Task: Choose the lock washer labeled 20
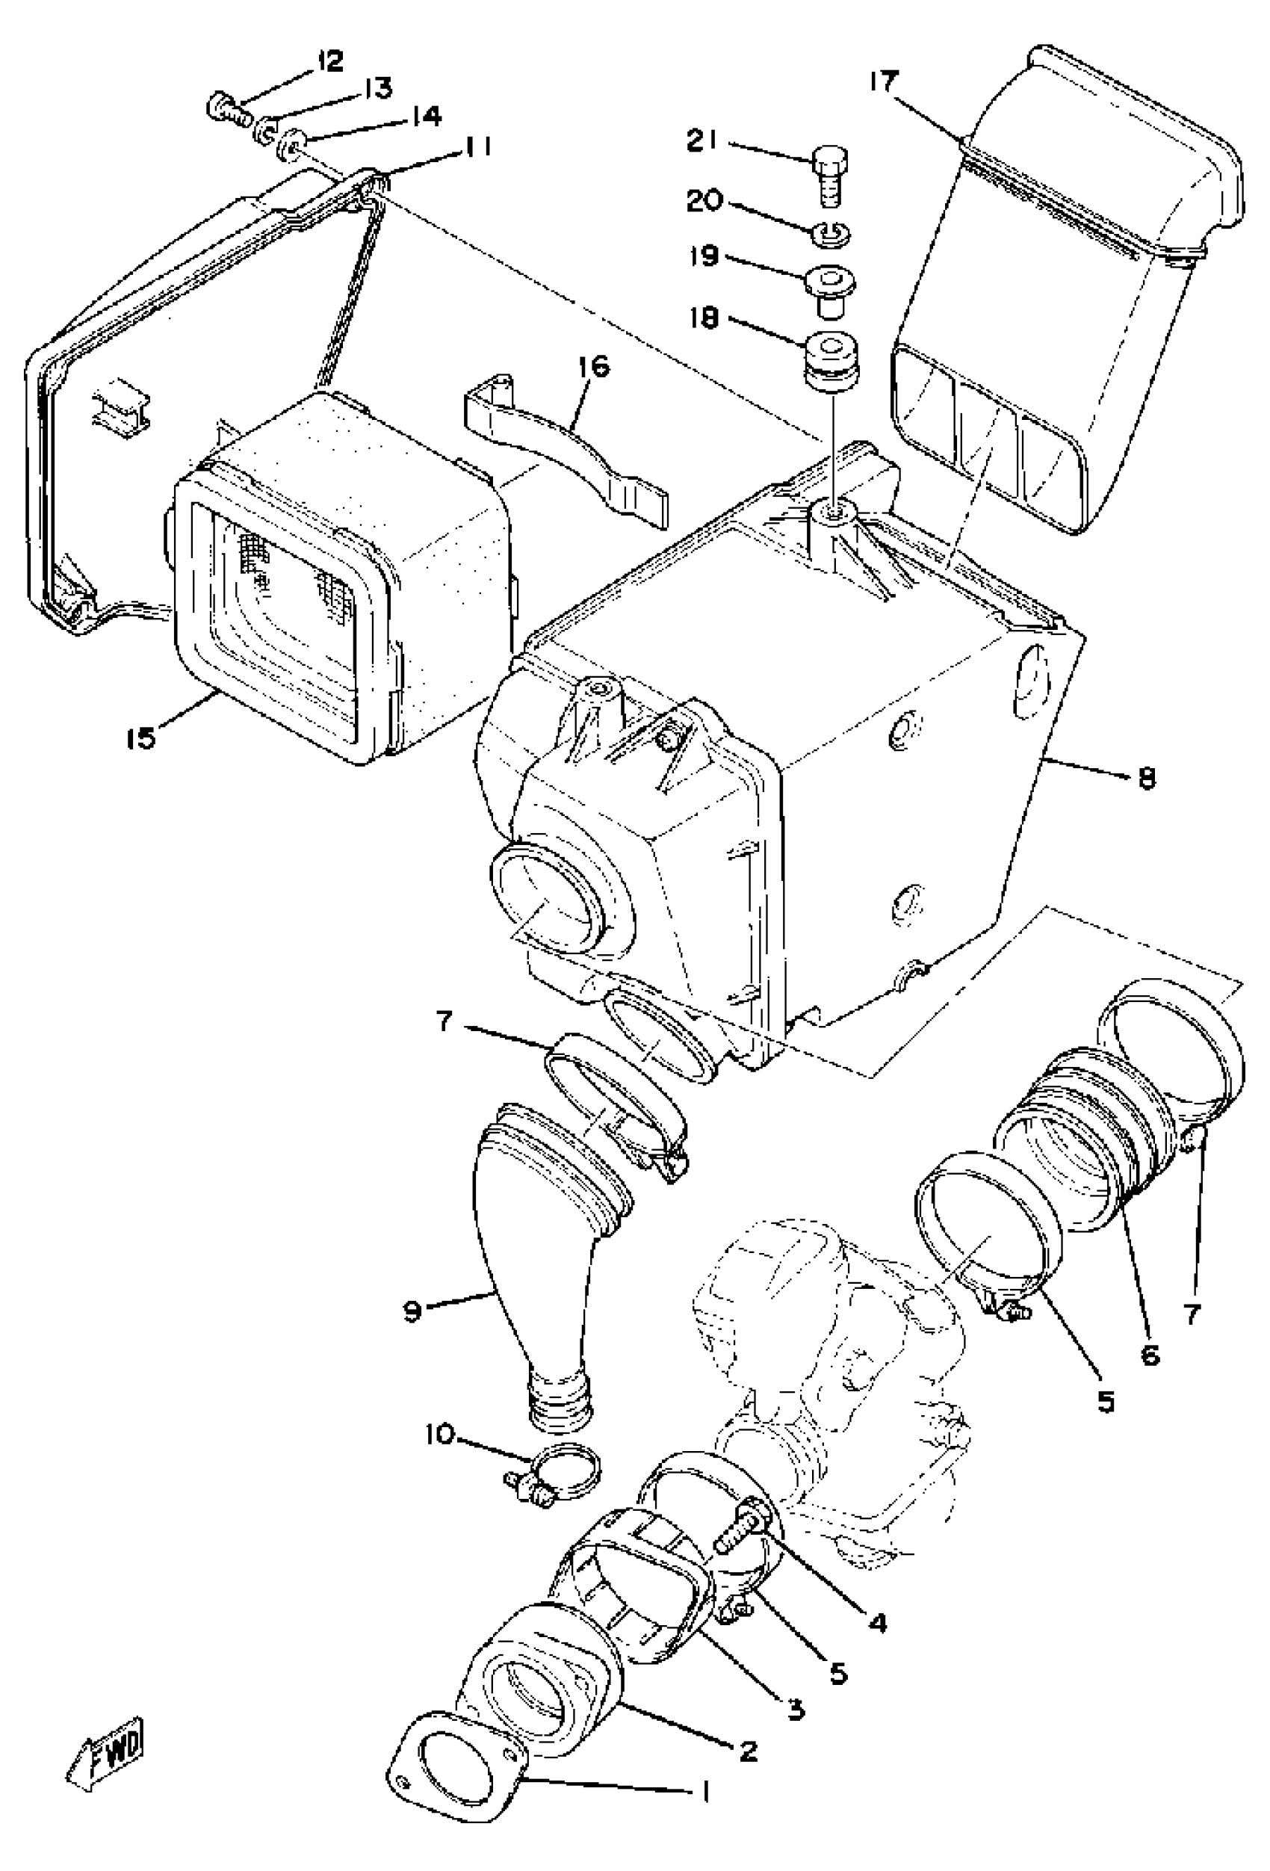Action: (x=831, y=233)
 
